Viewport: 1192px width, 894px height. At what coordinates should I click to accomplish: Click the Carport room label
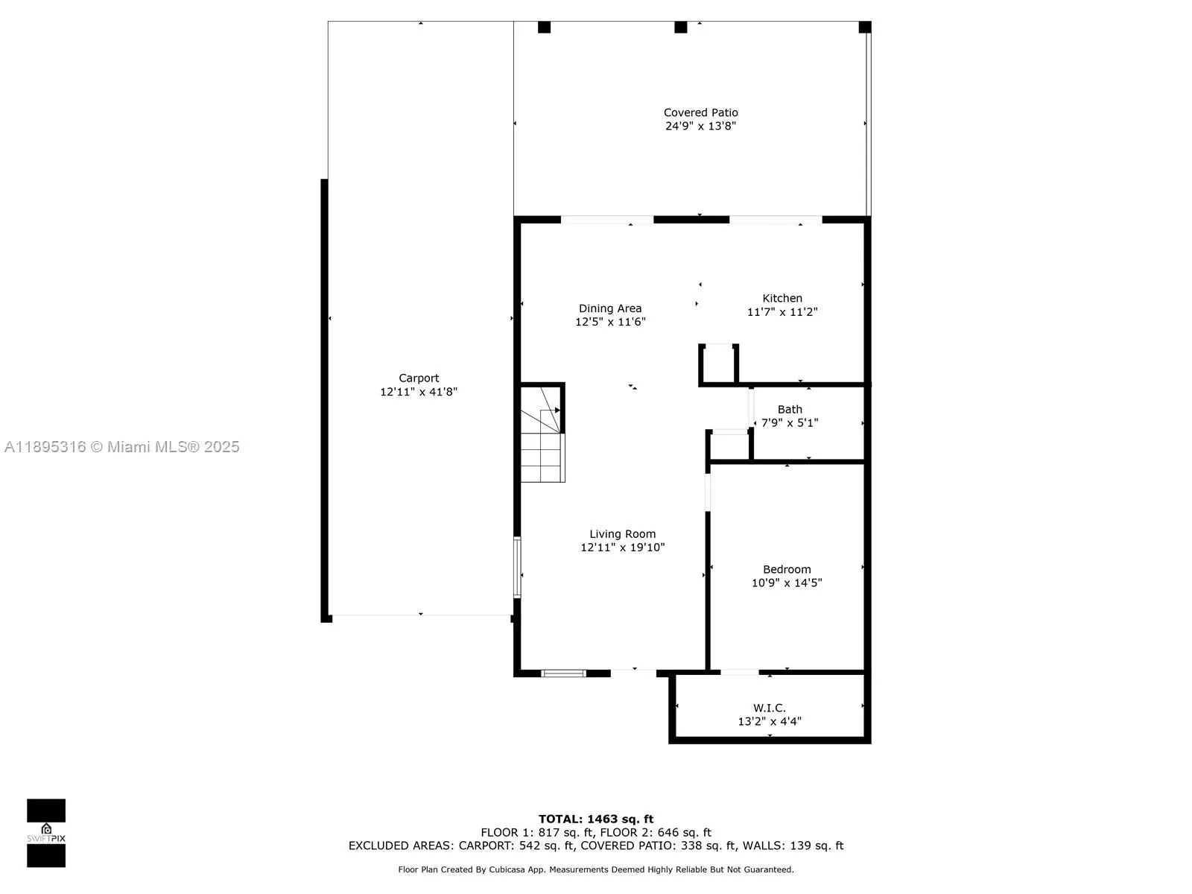tap(419, 378)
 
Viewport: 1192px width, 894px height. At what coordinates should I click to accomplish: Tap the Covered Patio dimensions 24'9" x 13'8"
tap(700, 126)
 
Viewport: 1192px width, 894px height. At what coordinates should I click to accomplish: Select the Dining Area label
tap(610, 308)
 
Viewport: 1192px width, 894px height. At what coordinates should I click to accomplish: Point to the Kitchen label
tap(782, 298)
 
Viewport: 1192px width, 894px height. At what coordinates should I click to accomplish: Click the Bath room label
tap(790, 409)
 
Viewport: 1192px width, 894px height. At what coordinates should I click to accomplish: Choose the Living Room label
tap(622, 533)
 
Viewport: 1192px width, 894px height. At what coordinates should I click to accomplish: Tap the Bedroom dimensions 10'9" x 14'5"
tap(786, 583)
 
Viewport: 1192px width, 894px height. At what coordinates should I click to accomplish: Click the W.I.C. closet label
tap(769, 708)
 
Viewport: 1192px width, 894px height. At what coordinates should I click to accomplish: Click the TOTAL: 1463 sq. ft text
tap(596, 819)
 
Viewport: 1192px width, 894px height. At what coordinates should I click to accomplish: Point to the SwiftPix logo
tap(46, 833)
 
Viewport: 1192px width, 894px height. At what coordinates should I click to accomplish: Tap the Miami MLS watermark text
tap(122, 447)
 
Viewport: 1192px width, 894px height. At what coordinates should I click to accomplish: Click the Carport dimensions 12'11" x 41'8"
tap(419, 392)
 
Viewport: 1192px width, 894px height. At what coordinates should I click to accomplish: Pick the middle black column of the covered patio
tap(680, 28)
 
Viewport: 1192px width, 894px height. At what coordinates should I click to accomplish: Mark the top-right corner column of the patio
tap(864, 28)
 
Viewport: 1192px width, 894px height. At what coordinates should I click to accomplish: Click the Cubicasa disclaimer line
tap(596, 869)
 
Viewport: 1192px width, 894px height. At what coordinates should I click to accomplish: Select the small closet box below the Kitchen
tap(719, 364)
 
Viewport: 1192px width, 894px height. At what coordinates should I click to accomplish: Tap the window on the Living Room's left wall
tap(516, 567)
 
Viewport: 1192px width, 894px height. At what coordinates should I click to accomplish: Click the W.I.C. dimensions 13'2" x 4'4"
tap(769, 721)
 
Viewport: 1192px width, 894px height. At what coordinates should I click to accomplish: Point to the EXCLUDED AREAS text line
tap(596, 846)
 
